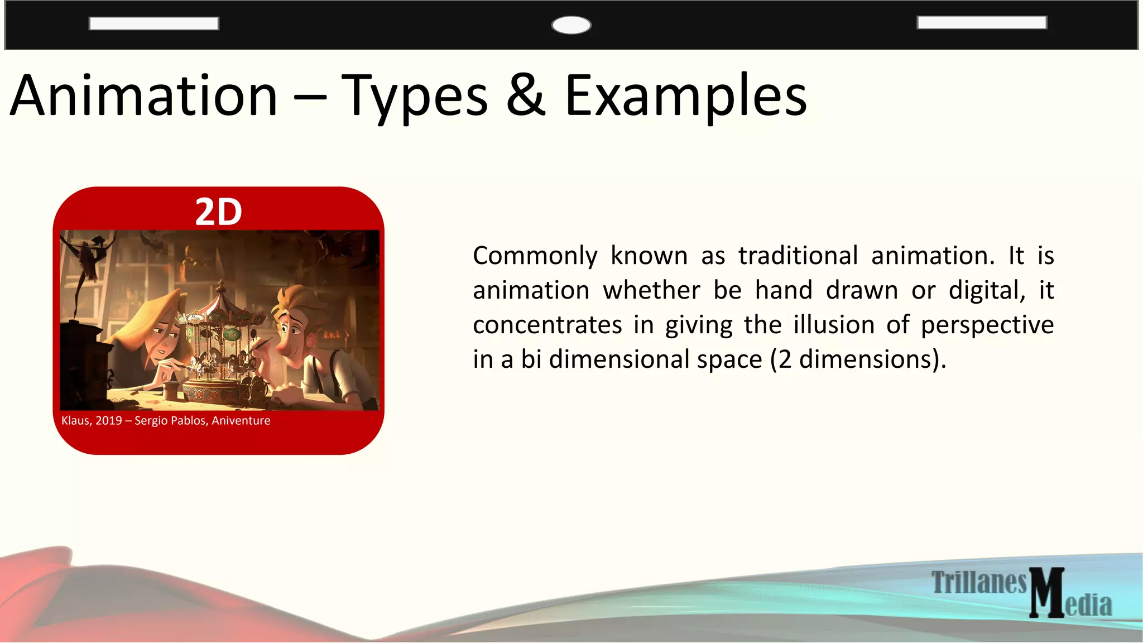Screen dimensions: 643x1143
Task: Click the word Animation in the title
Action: coord(144,96)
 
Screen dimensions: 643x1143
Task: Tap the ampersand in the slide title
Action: coord(526,96)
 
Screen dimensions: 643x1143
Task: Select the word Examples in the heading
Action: coord(685,97)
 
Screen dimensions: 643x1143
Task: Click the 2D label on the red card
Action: coord(218,212)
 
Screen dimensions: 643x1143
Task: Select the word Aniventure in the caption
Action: coord(241,421)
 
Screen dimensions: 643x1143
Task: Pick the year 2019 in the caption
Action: coord(109,421)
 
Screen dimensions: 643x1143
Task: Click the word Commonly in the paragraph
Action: coord(535,256)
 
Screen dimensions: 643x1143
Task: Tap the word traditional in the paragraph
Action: coord(798,256)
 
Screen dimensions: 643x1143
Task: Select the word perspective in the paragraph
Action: coord(987,325)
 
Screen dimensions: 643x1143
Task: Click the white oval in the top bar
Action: coord(571,25)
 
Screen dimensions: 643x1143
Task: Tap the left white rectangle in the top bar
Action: coord(153,23)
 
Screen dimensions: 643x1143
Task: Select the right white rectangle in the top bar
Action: coord(982,22)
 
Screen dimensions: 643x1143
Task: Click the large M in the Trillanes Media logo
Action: coord(1047,593)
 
